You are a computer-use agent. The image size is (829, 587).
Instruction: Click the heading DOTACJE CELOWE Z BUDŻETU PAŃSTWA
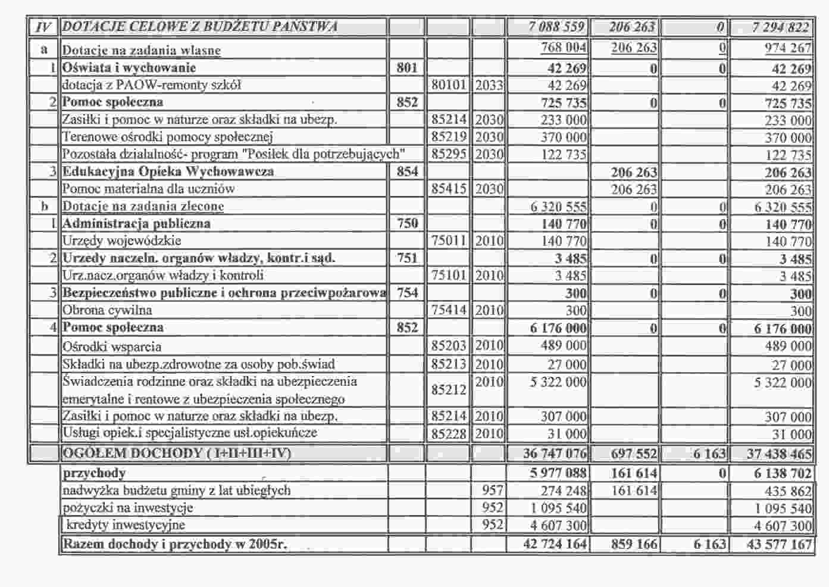click(200, 27)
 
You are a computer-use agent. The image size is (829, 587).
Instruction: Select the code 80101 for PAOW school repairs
click(449, 85)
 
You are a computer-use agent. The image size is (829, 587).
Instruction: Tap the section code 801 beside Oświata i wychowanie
click(407, 68)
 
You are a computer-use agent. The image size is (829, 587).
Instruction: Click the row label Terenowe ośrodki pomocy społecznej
click(167, 137)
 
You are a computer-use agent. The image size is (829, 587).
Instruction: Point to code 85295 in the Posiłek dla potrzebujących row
click(449, 154)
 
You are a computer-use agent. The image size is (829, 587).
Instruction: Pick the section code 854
click(407, 171)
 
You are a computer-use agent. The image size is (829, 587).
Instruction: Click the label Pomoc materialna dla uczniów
click(148, 189)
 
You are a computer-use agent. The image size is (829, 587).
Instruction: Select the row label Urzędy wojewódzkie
click(122, 241)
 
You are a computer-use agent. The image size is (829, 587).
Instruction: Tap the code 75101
click(449, 275)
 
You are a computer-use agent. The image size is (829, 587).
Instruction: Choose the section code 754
click(407, 292)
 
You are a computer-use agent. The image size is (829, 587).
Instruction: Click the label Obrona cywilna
click(107, 310)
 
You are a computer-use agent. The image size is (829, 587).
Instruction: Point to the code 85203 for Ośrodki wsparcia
click(449, 346)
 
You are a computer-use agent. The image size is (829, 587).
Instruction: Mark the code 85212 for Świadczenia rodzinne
click(449, 390)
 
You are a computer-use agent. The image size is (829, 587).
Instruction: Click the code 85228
click(449, 433)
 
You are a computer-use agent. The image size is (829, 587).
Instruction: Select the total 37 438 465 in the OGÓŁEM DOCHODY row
click(779, 454)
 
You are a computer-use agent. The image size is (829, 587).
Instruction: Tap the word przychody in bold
click(94, 473)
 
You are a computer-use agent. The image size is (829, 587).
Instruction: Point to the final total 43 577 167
click(779, 544)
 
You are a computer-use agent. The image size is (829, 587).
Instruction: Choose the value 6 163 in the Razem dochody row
click(709, 544)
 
